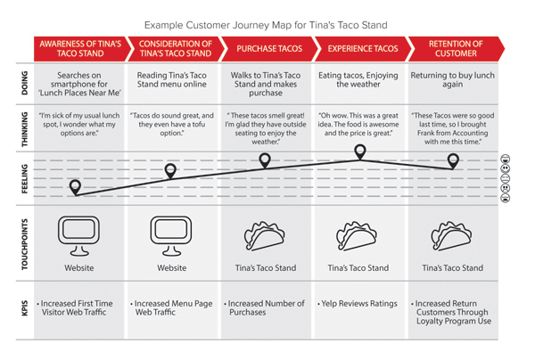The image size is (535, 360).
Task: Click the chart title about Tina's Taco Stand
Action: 266,25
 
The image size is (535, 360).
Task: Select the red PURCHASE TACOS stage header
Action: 269,49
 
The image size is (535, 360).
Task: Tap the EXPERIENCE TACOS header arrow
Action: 363,49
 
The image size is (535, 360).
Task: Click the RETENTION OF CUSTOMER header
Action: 456,49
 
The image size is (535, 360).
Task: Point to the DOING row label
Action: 25,83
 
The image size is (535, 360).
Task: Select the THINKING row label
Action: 25,129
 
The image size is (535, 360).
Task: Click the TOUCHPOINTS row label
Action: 25,244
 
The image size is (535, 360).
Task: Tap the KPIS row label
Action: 25,307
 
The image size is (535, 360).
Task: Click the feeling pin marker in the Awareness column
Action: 75,187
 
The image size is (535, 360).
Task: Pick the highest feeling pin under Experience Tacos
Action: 360,151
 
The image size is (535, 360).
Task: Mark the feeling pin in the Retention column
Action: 453,161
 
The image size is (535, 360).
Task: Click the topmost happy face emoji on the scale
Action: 506,159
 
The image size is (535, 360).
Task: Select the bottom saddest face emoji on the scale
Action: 506,198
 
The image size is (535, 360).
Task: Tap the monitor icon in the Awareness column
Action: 78,235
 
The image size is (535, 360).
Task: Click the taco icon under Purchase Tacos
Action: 265,236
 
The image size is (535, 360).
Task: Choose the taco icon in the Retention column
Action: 451,236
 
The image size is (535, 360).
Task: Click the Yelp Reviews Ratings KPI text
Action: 358,303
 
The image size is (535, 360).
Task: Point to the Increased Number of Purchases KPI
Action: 265,307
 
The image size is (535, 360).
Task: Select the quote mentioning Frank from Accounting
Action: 453,128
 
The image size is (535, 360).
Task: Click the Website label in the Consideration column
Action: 171,268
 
